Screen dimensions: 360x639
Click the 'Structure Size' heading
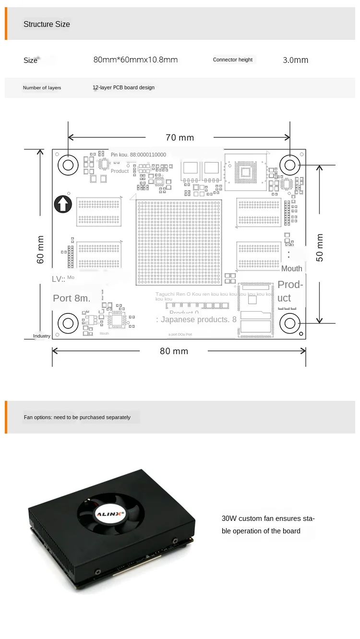click(x=47, y=24)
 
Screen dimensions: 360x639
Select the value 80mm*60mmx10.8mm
click(x=135, y=60)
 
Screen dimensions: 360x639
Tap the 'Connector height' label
click(x=233, y=60)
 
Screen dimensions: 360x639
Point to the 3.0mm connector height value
click(x=296, y=60)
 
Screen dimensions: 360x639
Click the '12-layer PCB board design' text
click(x=124, y=88)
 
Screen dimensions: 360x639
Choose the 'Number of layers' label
click(x=42, y=88)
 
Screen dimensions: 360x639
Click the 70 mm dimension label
click(x=180, y=138)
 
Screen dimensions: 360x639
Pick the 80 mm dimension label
click(x=174, y=351)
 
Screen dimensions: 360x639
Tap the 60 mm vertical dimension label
click(x=41, y=249)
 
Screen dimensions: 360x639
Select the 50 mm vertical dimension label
click(x=320, y=247)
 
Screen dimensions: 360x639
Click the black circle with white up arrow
click(x=62, y=205)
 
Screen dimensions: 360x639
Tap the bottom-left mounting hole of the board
click(x=68, y=323)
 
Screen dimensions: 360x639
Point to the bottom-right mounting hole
click(x=290, y=323)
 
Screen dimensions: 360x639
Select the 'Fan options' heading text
click(x=77, y=418)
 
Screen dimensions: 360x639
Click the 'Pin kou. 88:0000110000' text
click(x=138, y=155)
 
